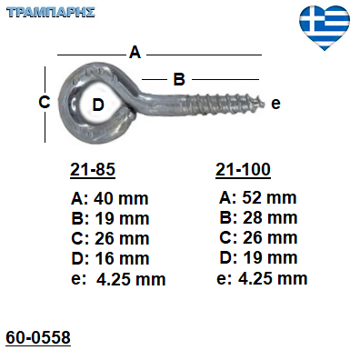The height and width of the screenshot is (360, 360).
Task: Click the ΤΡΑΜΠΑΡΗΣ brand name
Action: [x=51, y=13]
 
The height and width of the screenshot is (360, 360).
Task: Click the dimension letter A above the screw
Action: [x=135, y=52]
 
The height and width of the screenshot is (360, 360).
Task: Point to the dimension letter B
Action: [x=179, y=79]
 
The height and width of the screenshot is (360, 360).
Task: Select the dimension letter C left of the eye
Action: [x=45, y=102]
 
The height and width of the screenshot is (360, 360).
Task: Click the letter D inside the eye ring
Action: [x=98, y=105]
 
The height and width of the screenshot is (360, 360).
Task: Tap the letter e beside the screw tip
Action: [x=275, y=104]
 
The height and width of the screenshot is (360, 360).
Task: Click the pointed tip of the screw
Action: [x=264, y=104]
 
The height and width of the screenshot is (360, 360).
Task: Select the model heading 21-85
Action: [x=93, y=169]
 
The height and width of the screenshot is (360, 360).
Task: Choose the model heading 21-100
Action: [x=243, y=169]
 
